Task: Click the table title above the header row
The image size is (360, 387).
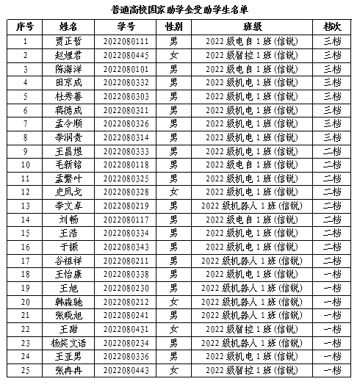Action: click(181, 10)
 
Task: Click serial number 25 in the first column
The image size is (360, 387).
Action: click(26, 370)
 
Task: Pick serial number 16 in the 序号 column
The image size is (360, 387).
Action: click(26, 247)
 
